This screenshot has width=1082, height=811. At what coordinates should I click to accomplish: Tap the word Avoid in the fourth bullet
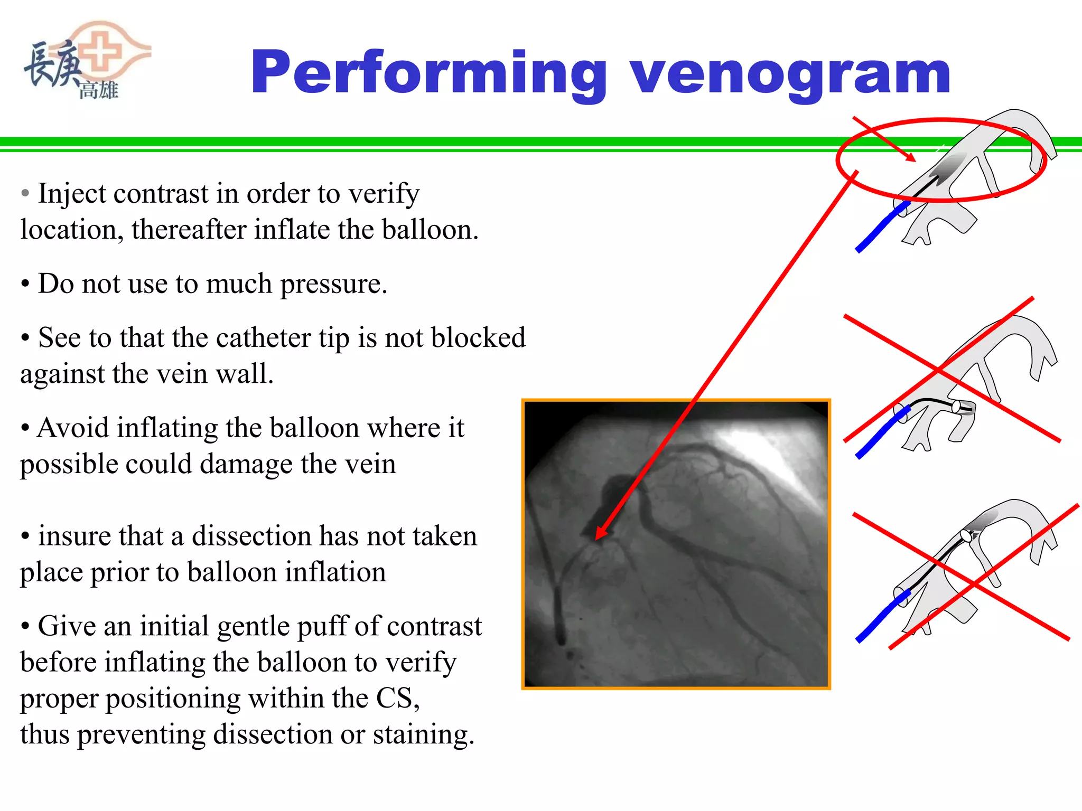tap(73, 428)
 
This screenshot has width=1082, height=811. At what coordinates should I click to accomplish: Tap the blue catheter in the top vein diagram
tap(879, 228)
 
